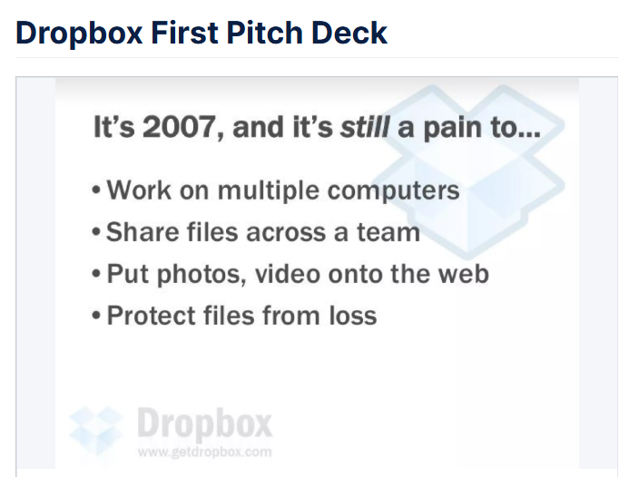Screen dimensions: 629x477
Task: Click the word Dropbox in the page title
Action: point(79,34)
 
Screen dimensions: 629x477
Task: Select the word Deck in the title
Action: point(349,33)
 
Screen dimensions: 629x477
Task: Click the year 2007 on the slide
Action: point(179,127)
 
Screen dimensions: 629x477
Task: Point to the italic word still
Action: point(365,127)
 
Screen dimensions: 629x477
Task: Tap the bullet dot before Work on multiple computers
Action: point(96,190)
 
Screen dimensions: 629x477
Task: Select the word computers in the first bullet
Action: point(394,191)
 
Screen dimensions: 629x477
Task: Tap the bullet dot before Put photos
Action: point(96,274)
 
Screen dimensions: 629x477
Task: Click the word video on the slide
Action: point(287,274)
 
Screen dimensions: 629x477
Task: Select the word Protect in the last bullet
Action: point(151,316)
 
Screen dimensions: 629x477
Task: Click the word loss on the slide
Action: point(353,316)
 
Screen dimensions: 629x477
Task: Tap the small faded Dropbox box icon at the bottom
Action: point(96,431)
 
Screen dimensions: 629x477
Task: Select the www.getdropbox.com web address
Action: point(204,453)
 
